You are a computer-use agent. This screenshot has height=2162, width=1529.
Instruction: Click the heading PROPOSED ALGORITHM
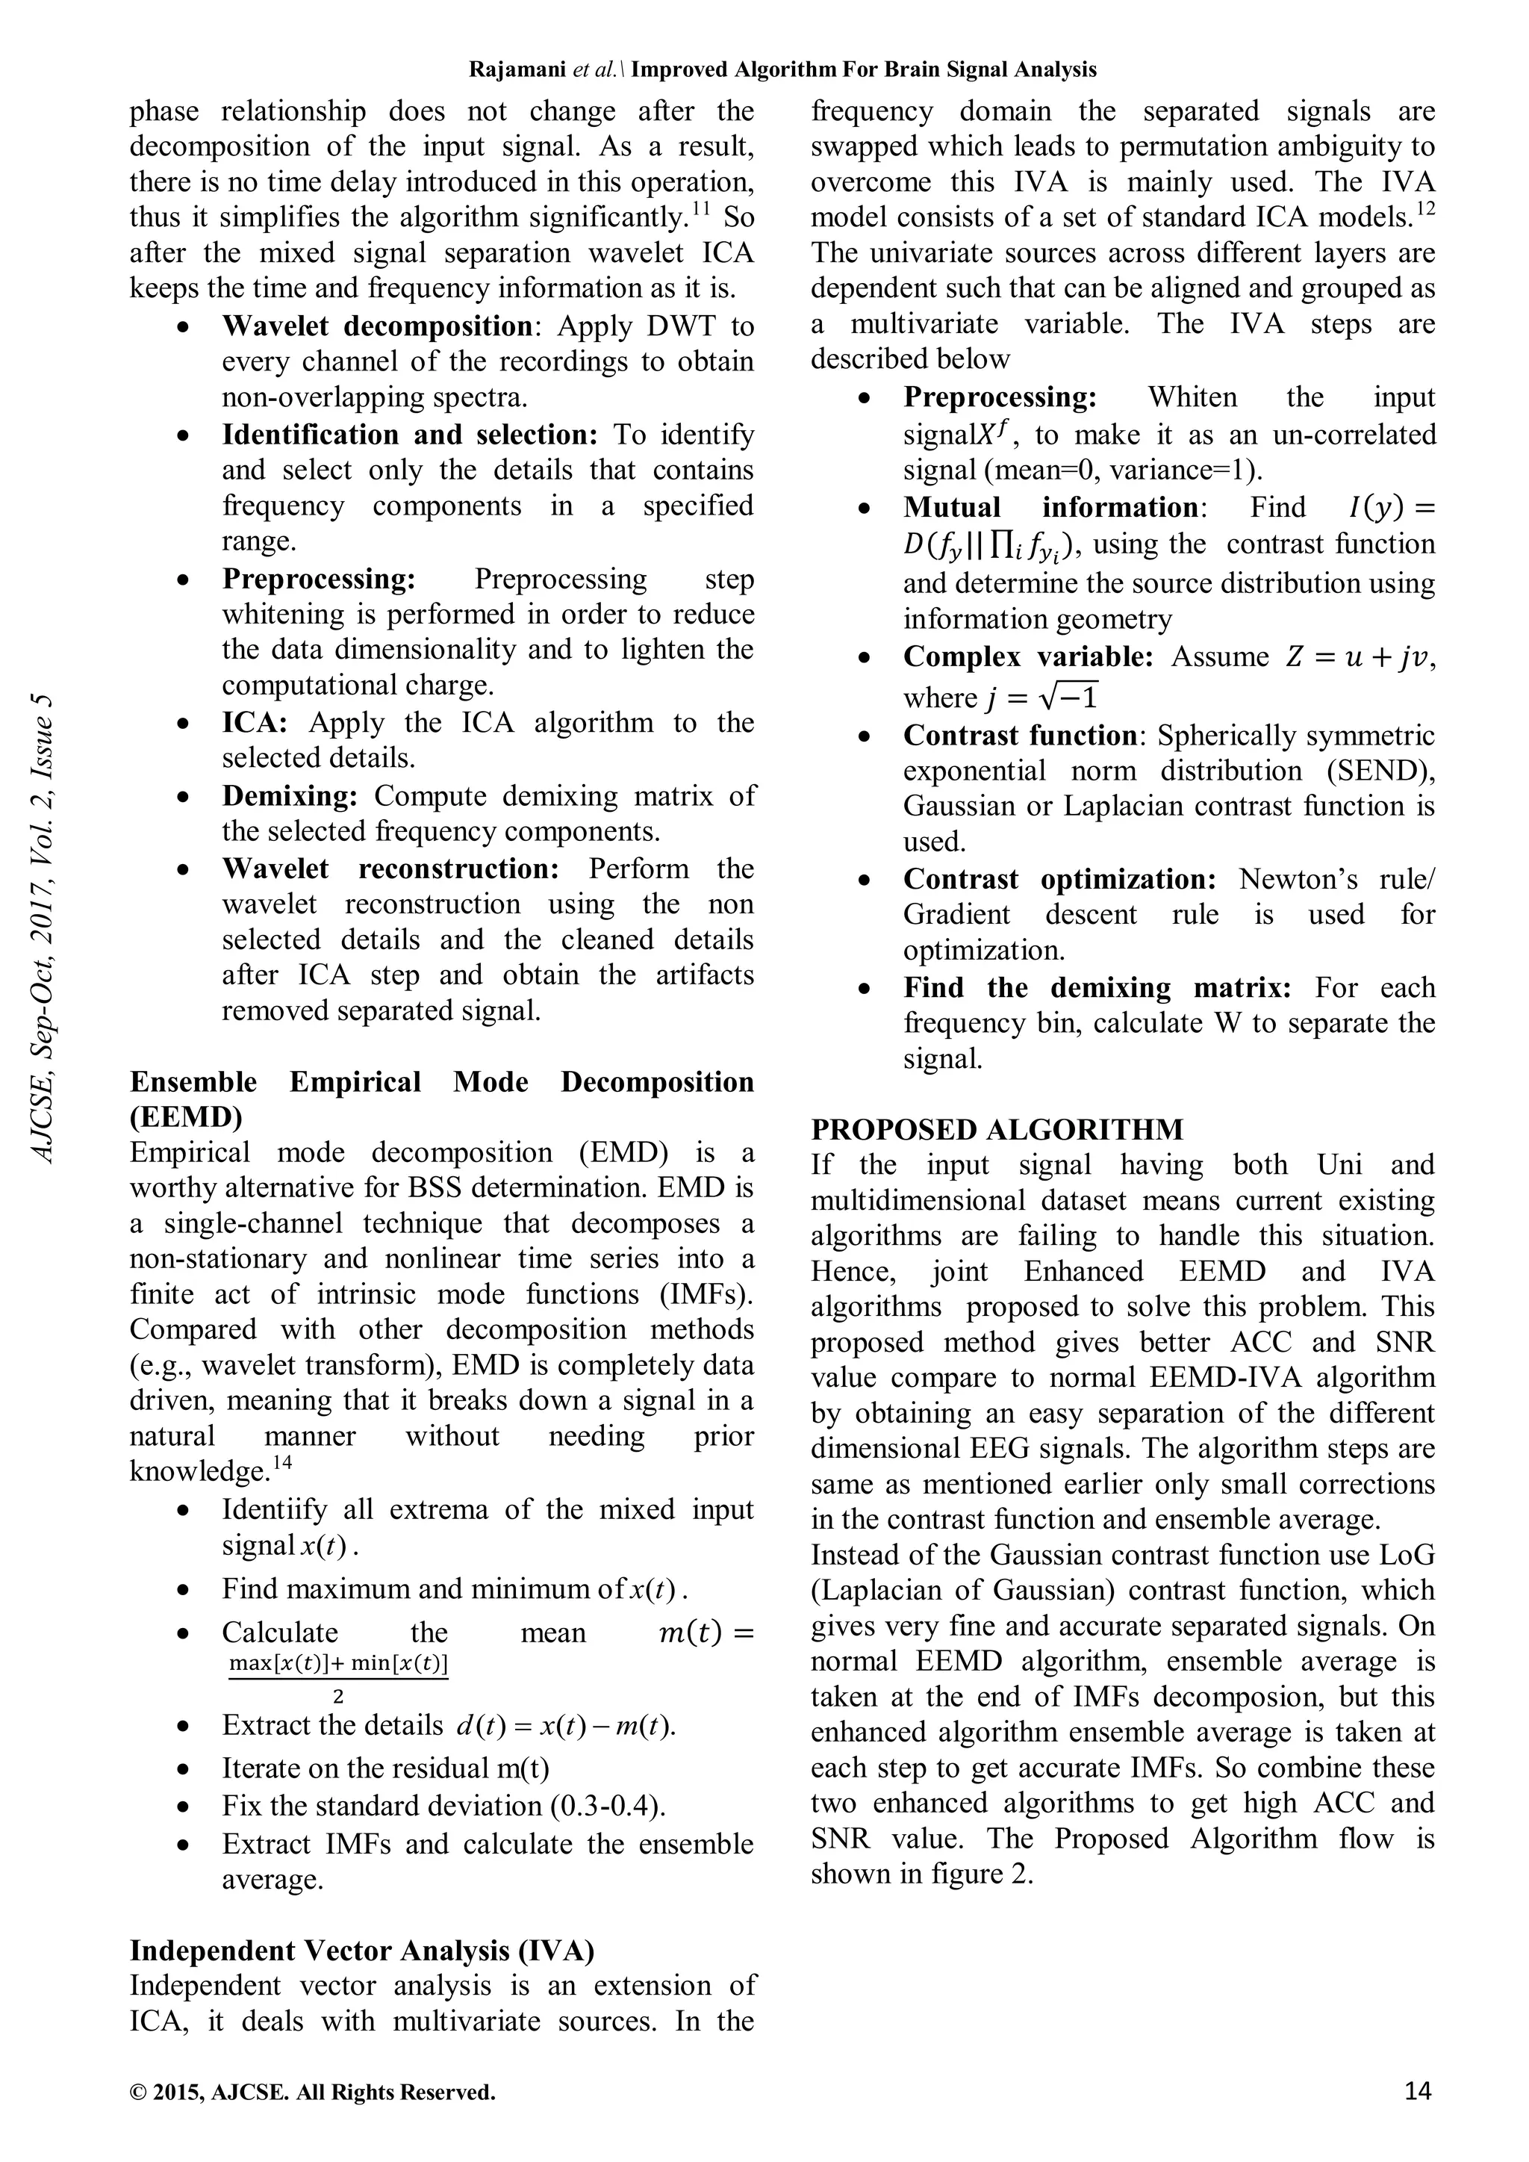(x=997, y=1129)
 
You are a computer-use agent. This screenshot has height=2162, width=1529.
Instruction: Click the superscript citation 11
(x=700, y=209)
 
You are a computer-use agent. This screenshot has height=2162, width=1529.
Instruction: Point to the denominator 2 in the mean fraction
(x=338, y=1697)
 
